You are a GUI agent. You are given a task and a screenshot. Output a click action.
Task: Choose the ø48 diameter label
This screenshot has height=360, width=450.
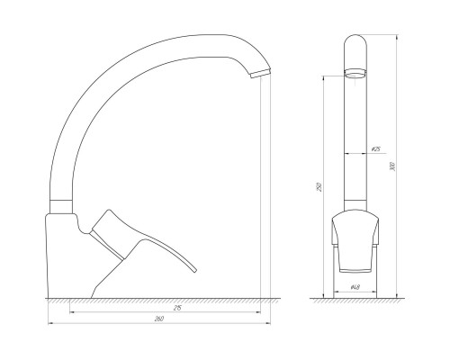pyautogui.click(x=356, y=289)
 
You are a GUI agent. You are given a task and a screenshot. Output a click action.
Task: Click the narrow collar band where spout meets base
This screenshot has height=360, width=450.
pyautogui.click(x=61, y=205)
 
